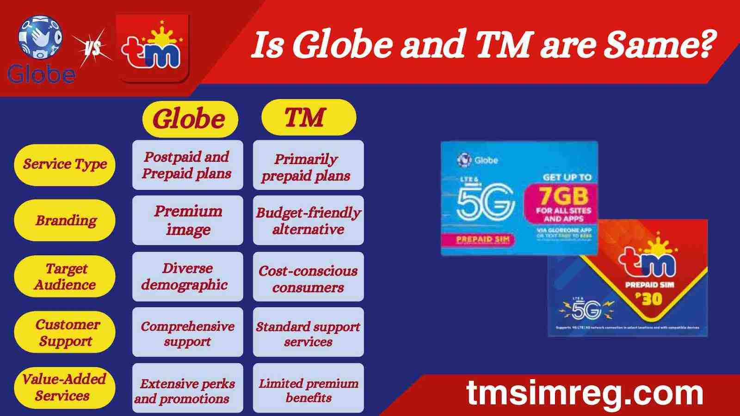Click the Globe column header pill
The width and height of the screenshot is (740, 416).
[x=189, y=119]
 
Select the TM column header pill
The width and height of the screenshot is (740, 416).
[x=308, y=117]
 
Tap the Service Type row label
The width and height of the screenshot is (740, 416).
[x=65, y=165]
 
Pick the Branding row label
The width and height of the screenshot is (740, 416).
[x=65, y=220]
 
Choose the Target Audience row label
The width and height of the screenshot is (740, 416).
[x=65, y=276]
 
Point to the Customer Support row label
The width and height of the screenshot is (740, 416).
[x=65, y=332]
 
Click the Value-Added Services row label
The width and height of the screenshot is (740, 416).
[x=64, y=387]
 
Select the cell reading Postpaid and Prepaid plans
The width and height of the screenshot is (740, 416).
[x=187, y=165]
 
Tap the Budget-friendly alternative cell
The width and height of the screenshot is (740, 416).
[x=308, y=220]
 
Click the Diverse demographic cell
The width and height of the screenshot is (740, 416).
[x=187, y=276]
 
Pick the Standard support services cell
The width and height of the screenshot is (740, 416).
[x=308, y=333]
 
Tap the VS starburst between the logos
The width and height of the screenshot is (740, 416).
[x=92, y=47]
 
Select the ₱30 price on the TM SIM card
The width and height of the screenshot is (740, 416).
[x=649, y=300]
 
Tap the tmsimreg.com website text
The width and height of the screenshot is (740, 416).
[x=585, y=393]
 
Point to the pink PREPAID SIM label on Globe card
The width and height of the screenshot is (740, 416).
[x=483, y=239]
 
